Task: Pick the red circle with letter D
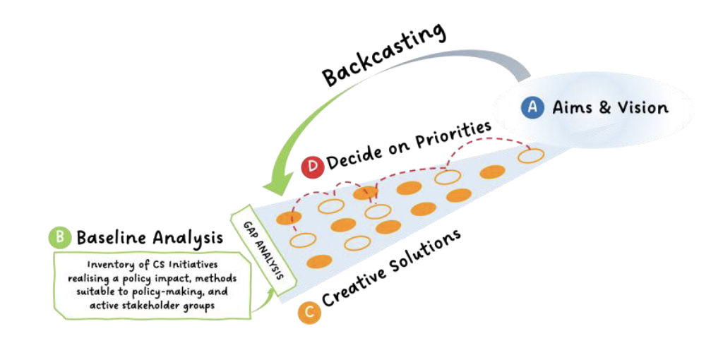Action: coord(312,168)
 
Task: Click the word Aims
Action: coord(569,108)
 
